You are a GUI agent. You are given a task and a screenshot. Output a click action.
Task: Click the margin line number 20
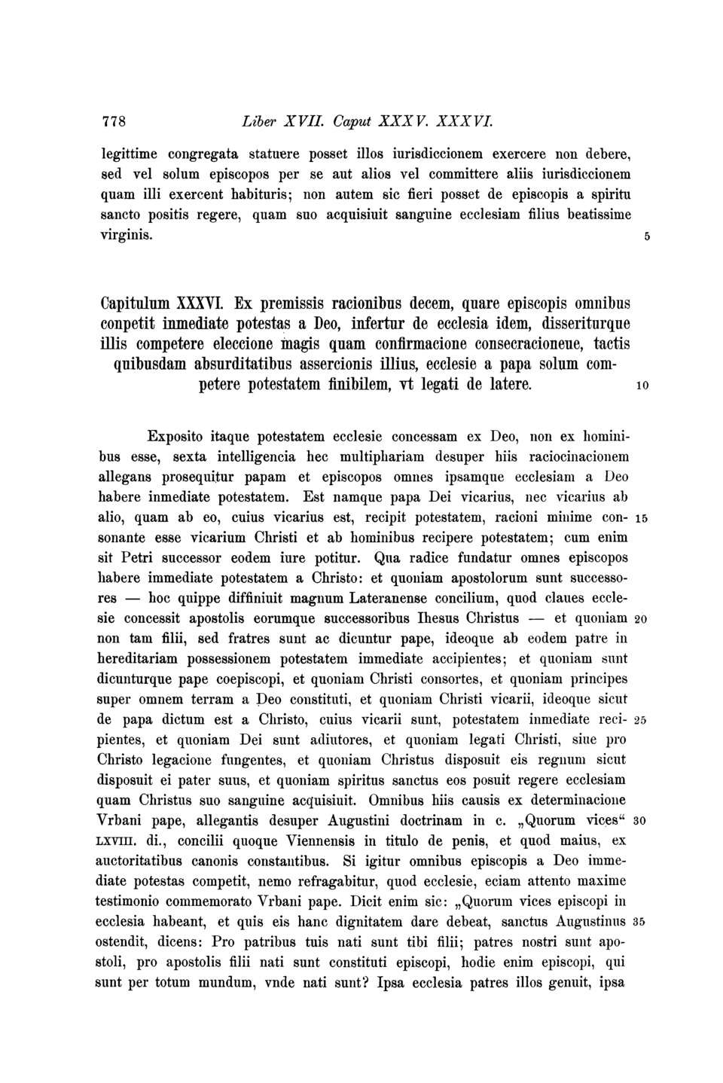[x=642, y=619]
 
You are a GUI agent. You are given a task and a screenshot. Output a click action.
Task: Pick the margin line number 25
[x=642, y=720]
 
